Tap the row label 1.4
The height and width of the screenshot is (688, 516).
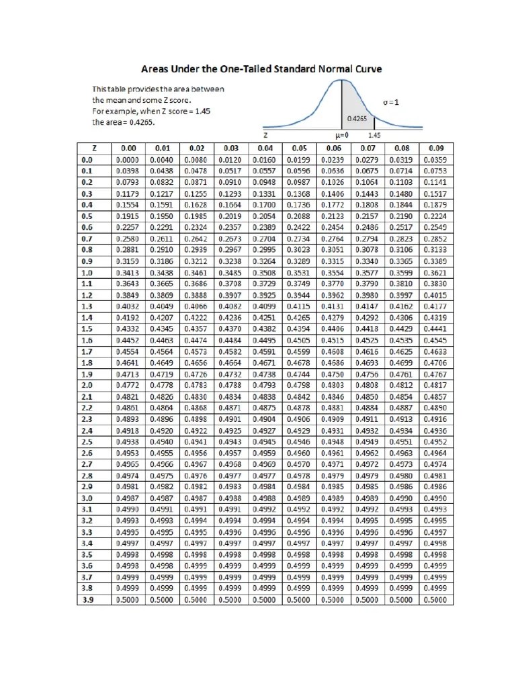coord(87,318)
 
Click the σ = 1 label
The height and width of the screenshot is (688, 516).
coord(391,102)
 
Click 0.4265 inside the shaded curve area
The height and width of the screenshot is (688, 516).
coord(356,118)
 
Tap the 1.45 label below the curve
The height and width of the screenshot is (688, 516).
coord(376,134)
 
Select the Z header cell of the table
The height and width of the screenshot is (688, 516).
coord(87,148)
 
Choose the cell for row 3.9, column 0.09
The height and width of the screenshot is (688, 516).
coord(435,600)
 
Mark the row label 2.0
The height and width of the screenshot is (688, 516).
coord(87,386)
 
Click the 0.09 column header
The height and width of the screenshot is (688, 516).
coord(435,148)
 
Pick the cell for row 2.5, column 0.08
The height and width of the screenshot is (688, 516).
coord(402,442)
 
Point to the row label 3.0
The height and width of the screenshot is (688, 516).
coord(87,499)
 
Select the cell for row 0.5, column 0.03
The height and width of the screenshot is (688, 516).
coord(230,216)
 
